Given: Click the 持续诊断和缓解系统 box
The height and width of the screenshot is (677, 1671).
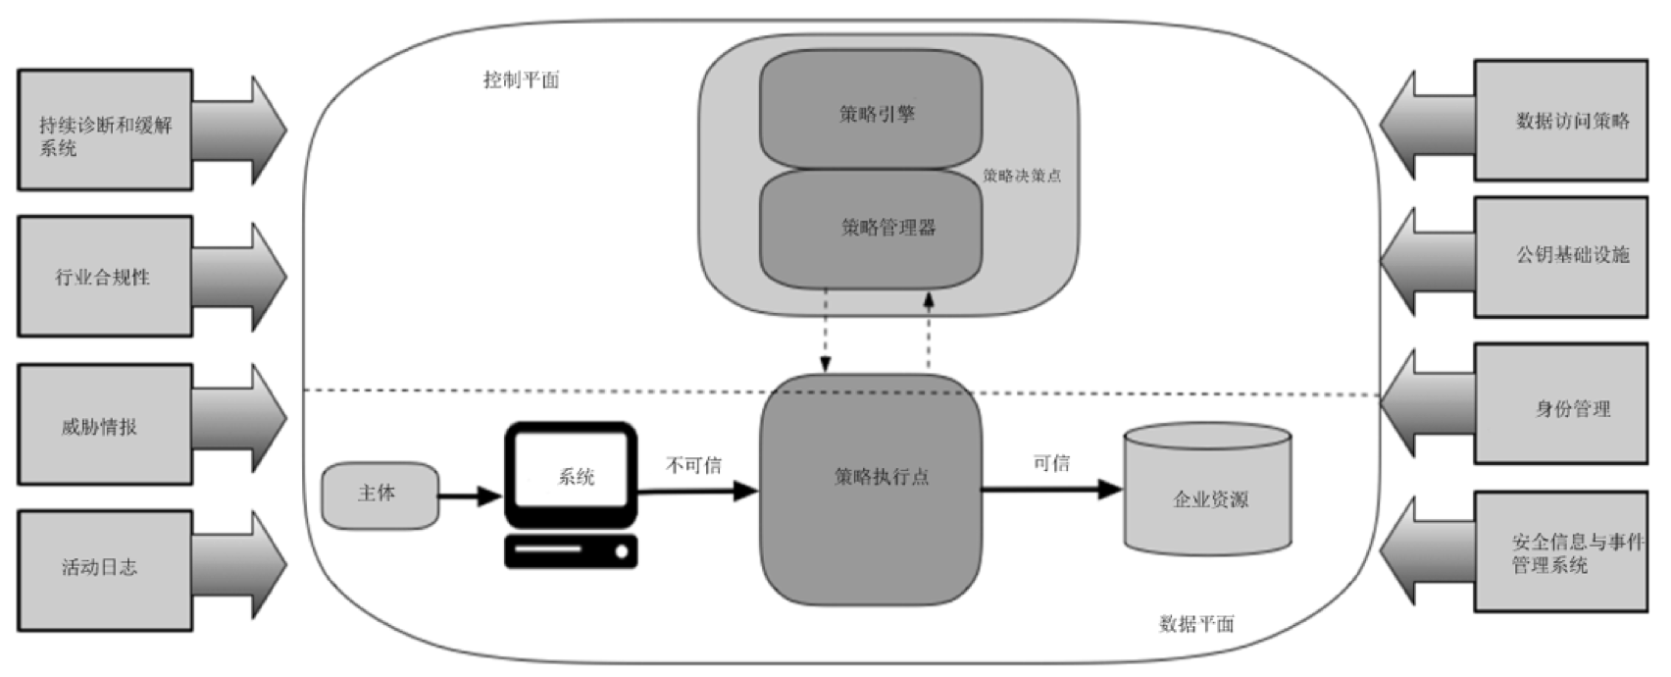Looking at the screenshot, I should pyautogui.click(x=104, y=130).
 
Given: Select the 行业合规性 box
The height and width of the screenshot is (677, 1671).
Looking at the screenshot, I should pyautogui.click(x=104, y=277).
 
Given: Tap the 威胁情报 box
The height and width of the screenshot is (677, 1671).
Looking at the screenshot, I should pyautogui.click(x=104, y=425).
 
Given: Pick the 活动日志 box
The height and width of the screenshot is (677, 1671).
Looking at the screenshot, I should pyautogui.click(x=104, y=568).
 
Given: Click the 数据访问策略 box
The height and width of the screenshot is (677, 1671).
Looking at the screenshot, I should pyautogui.click(x=1560, y=121).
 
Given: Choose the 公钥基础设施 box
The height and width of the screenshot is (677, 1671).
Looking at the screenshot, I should pyautogui.click(x=1560, y=256).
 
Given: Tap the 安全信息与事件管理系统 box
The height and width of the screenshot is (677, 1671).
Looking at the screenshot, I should pyautogui.click(x=1560, y=552).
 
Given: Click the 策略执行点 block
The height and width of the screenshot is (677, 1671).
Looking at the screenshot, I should pyautogui.click(x=871, y=489).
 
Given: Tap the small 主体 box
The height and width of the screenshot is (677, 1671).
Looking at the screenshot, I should pyautogui.click(x=380, y=495).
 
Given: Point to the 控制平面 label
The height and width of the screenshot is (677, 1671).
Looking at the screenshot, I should pyautogui.click(x=521, y=80).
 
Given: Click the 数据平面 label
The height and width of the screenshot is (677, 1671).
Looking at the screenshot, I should pyautogui.click(x=1195, y=624).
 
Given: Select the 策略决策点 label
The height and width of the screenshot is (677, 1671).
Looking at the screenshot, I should pyautogui.click(x=1022, y=176).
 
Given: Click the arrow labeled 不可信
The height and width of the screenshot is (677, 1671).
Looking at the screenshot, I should pyautogui.click(x=698, y=491).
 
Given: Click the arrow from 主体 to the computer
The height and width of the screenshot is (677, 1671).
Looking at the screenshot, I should pyautogui.click(x=469, y=496).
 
